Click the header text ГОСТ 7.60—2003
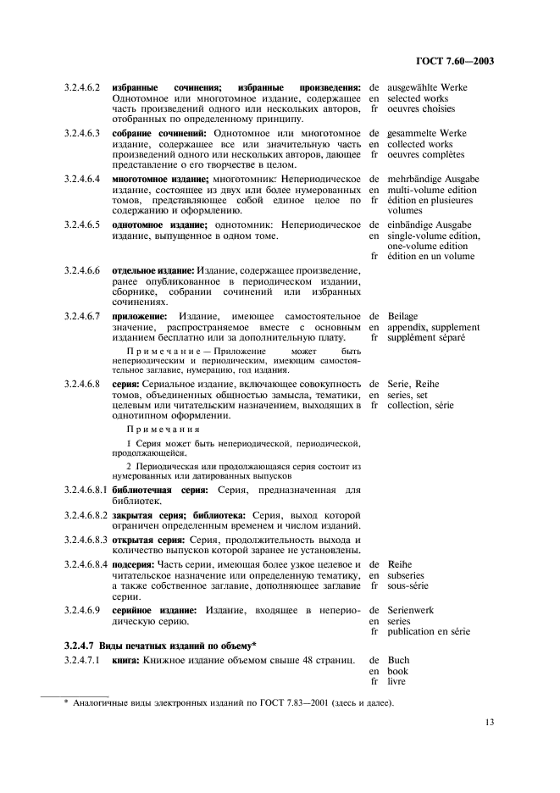tap(455, 60)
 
